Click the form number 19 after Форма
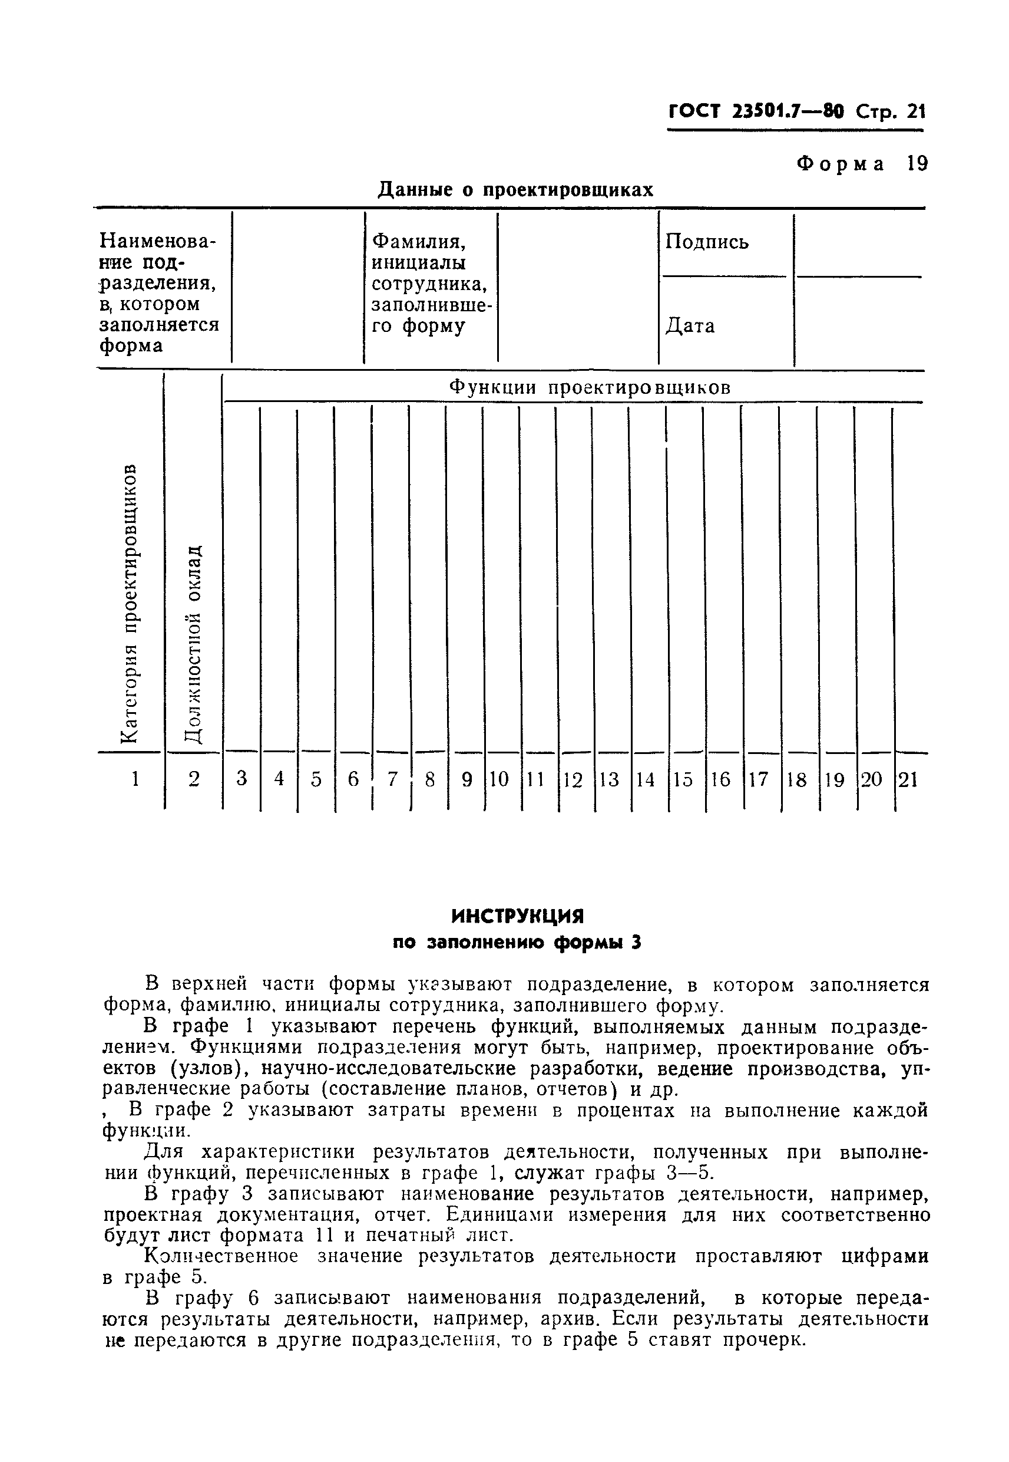(x=917, y=164)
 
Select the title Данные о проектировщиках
(x=515, y=190)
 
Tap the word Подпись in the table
(x=707, y=242)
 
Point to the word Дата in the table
(x=690, y=326)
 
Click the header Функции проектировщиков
(x=589, y=387)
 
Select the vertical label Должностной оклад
(x=193, y=643)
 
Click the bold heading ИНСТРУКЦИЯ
(x=517, y=916)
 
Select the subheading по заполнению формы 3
(x=517, y=943)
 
